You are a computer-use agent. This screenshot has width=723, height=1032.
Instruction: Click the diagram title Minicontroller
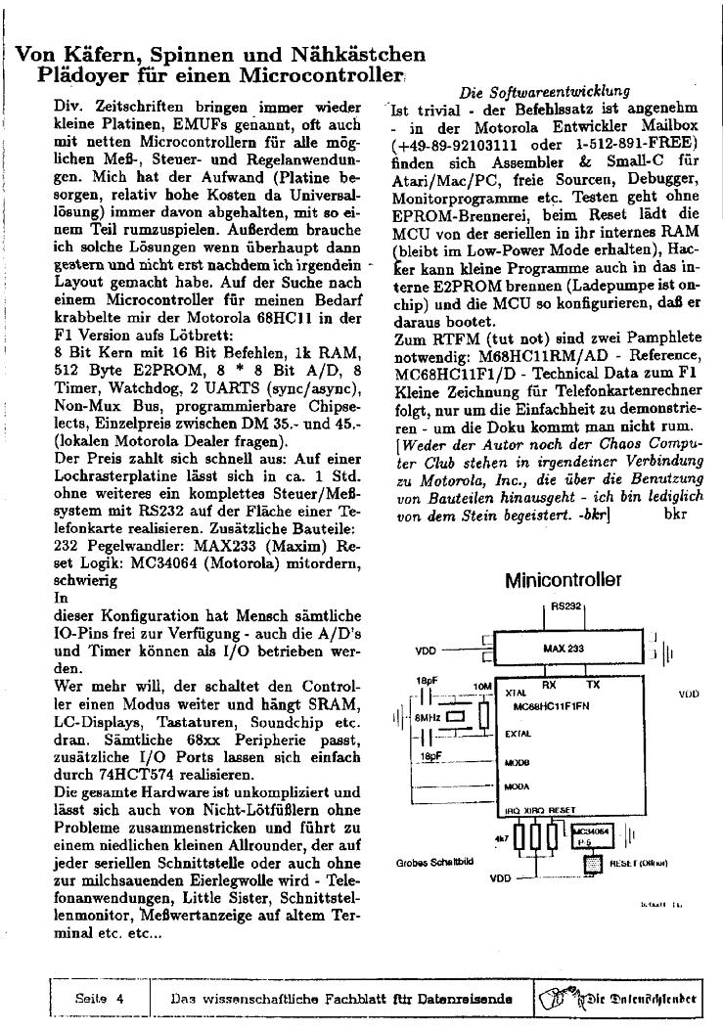click(563, 581)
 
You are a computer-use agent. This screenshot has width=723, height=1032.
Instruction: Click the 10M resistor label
click(480, 687)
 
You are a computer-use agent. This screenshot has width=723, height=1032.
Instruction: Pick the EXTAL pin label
click(518, 733)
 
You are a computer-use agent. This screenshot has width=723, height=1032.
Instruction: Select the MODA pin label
click(517, 786)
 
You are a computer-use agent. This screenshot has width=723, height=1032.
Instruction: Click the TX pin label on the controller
click(594, 686)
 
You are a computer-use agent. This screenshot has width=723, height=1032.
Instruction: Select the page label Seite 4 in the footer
click(100, 999)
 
